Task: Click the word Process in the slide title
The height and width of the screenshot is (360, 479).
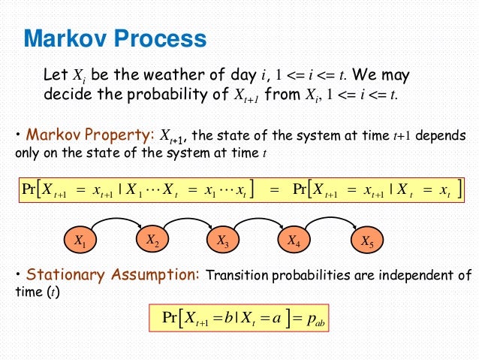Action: click(163, 38)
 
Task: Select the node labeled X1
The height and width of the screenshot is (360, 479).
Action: click(80, 241)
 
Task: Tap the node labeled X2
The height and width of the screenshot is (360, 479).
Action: click(152, 241)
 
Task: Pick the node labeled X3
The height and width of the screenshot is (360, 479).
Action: click(223, 241)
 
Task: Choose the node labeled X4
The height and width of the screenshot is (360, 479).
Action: click(295, 241)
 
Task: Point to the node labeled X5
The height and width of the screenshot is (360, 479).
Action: click(366, 241)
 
